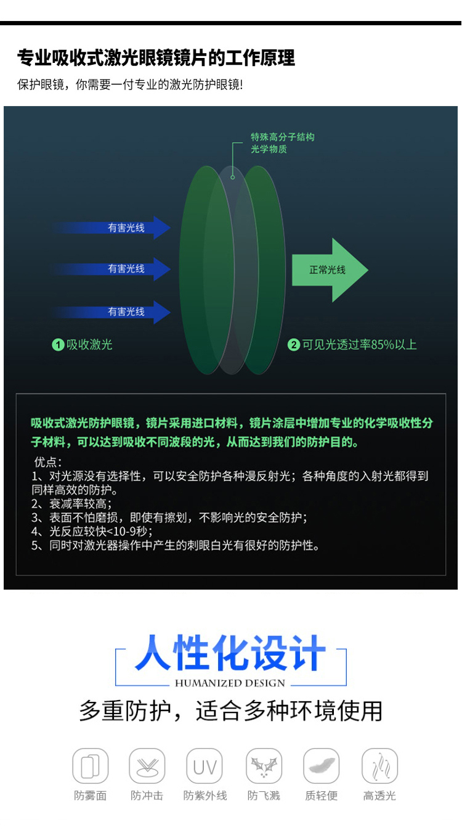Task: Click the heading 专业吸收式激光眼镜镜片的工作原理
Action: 156,58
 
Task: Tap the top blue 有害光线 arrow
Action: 117,228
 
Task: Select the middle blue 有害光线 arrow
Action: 117,269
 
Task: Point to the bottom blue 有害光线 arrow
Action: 117,312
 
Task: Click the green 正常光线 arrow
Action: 329,270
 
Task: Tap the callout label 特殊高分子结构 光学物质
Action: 282,143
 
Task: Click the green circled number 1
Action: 58,345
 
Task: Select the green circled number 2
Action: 294,345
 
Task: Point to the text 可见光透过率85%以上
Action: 359,345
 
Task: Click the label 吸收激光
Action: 89,345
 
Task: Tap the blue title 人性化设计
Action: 230,653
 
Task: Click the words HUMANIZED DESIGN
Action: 230,683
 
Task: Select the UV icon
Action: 205,767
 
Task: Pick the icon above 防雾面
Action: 91,767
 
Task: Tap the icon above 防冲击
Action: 147,767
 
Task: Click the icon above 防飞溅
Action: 264,767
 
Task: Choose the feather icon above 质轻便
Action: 321,767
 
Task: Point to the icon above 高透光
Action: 379,767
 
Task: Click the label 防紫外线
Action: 205,796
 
